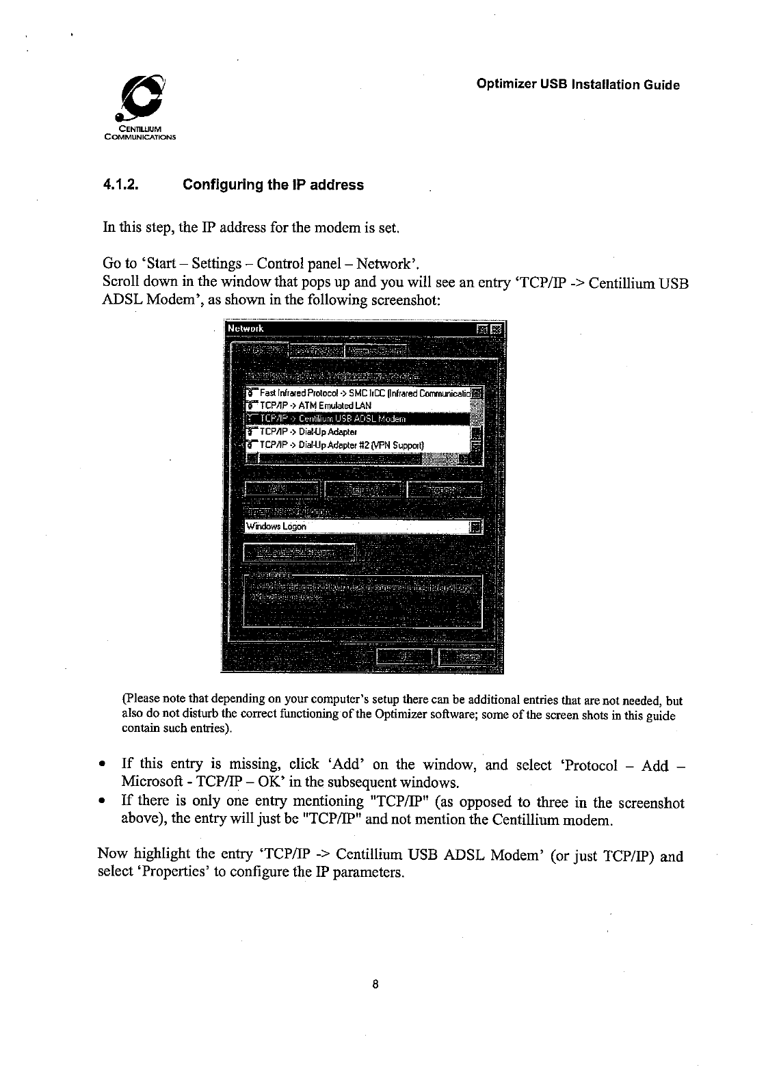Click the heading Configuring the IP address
(x=273, y=185)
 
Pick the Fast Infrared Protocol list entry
(x=362, y=393)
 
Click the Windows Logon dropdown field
(x=356, y=527)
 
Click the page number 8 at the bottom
(x=375, y=986)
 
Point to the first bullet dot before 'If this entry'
(x=102, y=764)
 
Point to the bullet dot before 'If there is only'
(x=102, y=801)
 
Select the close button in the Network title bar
(x=496, y=329)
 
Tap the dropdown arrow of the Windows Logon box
(x=477, y=527)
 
